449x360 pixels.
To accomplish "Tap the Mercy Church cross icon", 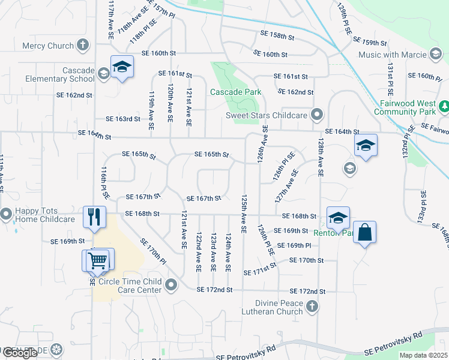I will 83,46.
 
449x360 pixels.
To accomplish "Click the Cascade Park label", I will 235,92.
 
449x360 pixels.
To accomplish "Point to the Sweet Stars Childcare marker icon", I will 318,115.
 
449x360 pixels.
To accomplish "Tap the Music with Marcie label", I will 393,55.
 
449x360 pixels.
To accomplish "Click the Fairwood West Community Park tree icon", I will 444,107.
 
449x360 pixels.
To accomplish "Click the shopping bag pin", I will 365,232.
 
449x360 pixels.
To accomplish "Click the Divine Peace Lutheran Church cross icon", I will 311,307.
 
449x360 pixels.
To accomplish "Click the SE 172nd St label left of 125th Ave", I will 214,290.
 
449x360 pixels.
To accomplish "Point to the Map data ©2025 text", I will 423,355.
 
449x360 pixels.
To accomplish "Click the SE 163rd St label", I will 122,119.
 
